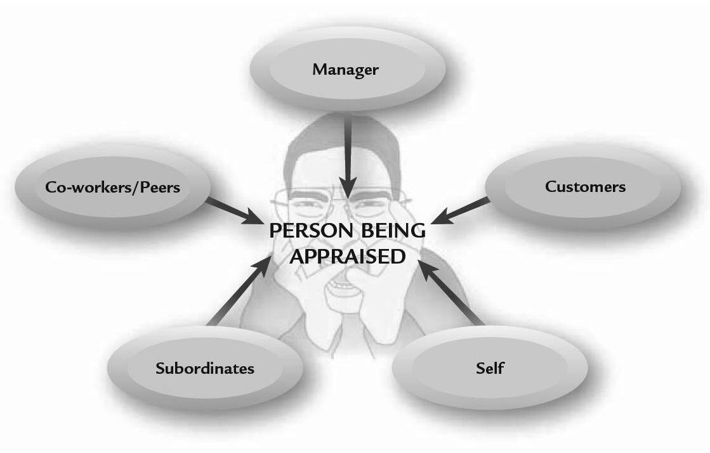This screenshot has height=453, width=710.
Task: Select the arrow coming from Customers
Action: click(x=461, y=211)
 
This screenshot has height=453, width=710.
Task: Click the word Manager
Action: click(x=345, y=69)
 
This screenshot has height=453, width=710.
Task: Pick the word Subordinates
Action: click(x=204, y=368)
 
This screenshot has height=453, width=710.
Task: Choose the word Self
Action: click(x=490, y=367)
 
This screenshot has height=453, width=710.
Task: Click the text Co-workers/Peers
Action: click(x=112, y=187)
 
